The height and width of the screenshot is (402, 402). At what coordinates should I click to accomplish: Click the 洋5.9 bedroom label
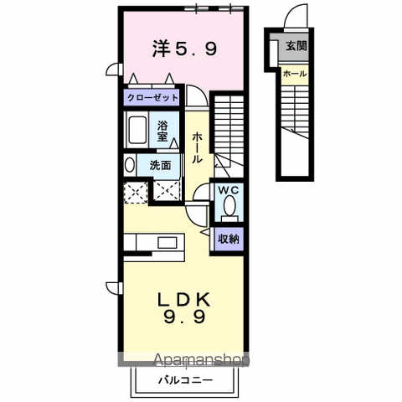pos(185,49)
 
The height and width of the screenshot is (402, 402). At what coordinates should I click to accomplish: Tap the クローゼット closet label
pos(153,98)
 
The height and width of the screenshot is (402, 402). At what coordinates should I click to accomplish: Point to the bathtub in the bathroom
pos(138,131)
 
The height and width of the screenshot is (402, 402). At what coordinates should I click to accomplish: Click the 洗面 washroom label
pos(160,165)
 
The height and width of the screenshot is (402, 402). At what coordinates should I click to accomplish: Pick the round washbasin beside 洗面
pos(130,165)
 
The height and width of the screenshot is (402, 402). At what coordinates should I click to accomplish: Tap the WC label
pos(229,190)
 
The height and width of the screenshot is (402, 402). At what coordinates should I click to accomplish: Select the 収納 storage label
pos(229,239)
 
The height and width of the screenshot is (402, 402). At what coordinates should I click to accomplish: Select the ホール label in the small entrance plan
pos(294,74)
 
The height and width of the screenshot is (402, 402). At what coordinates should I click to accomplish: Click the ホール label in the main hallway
pos(196,147)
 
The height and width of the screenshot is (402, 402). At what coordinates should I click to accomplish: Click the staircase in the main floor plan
pos(227,126)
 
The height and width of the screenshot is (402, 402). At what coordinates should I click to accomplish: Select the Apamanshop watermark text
pos(201,362)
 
